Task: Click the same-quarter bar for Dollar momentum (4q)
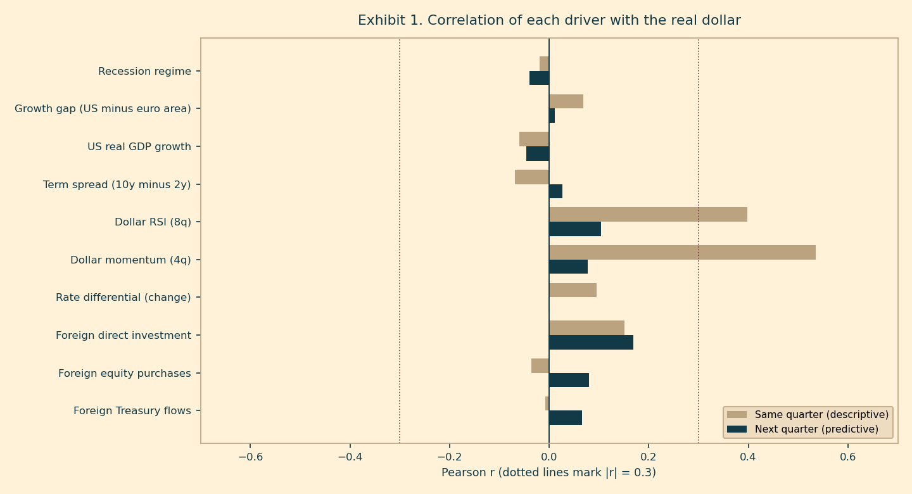click(682, 253)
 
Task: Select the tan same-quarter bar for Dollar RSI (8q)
click(648, 215)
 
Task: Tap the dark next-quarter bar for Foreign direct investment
click(591, 343)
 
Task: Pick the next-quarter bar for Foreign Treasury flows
click(566, 418)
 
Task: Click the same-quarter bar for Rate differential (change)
click(573, 290)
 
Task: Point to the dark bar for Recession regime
click(540, 78)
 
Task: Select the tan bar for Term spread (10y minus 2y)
click(532, 177)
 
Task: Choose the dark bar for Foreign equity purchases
click(569, 380)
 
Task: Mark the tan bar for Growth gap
click(566, 101)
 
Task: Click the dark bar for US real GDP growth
click(538, 153)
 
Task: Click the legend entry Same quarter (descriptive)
click(807, 415)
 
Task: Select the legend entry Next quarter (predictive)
click(802, 429)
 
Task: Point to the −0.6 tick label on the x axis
click(251, 457)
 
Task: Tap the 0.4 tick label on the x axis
click(748, 457)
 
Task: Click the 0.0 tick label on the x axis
click(549, 457)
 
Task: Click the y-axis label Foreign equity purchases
click(125, 374)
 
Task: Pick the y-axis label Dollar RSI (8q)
click(153, 222)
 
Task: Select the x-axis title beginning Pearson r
click(549, 472)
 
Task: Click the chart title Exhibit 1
click(549, 20)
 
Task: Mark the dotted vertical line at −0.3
click(400, 241)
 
